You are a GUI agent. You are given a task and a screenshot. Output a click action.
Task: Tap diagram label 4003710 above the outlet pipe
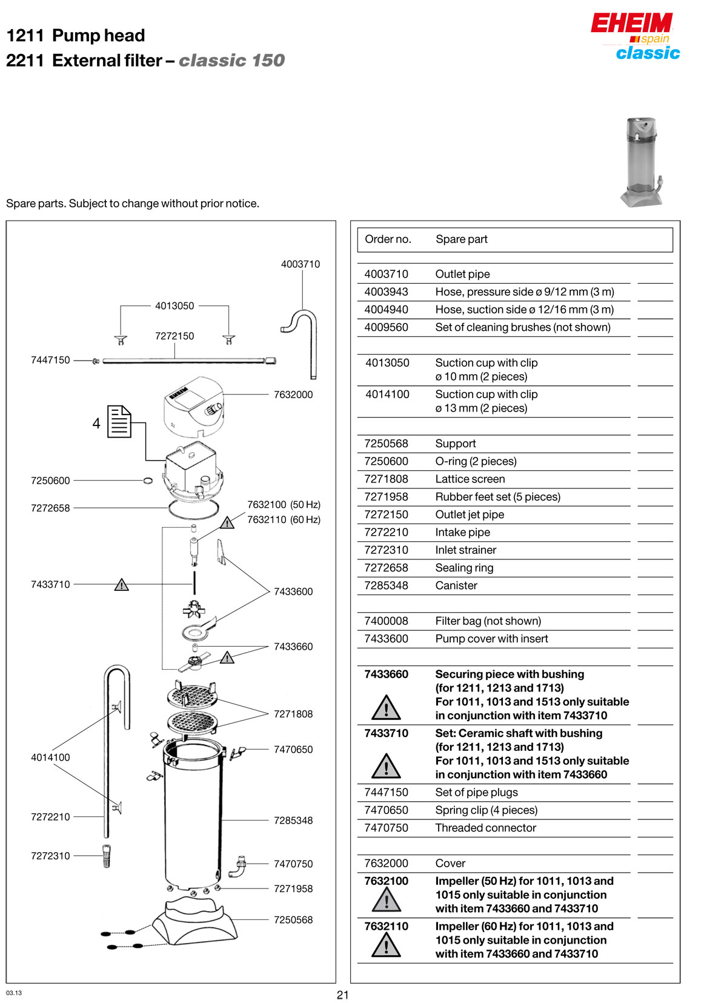pos(300,264)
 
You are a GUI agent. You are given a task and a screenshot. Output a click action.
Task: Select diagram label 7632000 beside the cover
pos(293,395)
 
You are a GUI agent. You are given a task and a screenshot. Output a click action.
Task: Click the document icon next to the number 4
pos(119,422)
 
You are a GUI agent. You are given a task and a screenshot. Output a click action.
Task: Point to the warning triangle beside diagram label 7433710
pos(122,585)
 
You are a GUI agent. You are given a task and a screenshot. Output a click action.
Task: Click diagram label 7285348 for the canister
pos(293,821)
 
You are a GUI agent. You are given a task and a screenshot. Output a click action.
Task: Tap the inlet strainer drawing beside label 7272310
pos(107,856)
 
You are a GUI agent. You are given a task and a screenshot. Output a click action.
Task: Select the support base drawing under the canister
pos(194,921)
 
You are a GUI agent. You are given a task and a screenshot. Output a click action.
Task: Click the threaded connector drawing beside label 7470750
pos(238,867)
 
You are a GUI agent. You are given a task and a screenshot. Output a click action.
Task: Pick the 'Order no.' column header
pos(388,239)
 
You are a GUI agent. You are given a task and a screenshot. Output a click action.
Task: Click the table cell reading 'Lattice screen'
pos(470,479)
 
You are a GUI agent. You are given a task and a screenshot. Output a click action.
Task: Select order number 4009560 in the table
pos(387,327)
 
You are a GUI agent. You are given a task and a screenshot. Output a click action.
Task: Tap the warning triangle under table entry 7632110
pos(387,945)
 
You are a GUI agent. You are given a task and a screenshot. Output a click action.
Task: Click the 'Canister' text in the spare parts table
pos(456,585)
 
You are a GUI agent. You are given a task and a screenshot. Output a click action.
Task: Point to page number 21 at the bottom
pos(343,995)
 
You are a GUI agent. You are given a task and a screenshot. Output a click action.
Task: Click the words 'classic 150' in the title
pos(231,61)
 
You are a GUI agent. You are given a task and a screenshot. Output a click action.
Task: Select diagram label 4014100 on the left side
pos(50,758)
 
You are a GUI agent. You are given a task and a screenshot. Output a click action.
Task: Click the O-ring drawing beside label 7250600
pos(148,481)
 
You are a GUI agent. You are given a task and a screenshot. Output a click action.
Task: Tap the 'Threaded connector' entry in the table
pos(486,828)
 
